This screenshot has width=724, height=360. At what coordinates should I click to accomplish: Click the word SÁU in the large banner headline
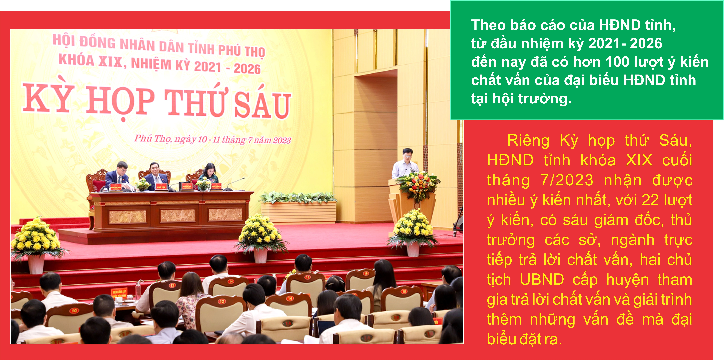point(262,105)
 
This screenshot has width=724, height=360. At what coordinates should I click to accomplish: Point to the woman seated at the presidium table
point(209,174)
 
